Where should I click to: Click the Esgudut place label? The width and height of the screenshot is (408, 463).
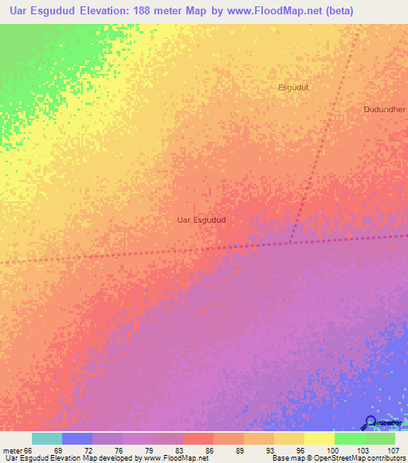[292, 87]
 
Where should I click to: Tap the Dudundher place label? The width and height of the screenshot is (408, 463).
[384, 109]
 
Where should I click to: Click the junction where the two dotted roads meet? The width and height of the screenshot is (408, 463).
[290, 242]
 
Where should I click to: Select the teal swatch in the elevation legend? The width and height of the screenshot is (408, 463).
[46, 438]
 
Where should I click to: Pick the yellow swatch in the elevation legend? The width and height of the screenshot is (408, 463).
[319, 438]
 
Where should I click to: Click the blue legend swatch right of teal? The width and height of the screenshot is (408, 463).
[76, 438]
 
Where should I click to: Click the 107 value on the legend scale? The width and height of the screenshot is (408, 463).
[394, 449]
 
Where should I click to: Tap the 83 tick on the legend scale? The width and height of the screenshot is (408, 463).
[186, 449]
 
